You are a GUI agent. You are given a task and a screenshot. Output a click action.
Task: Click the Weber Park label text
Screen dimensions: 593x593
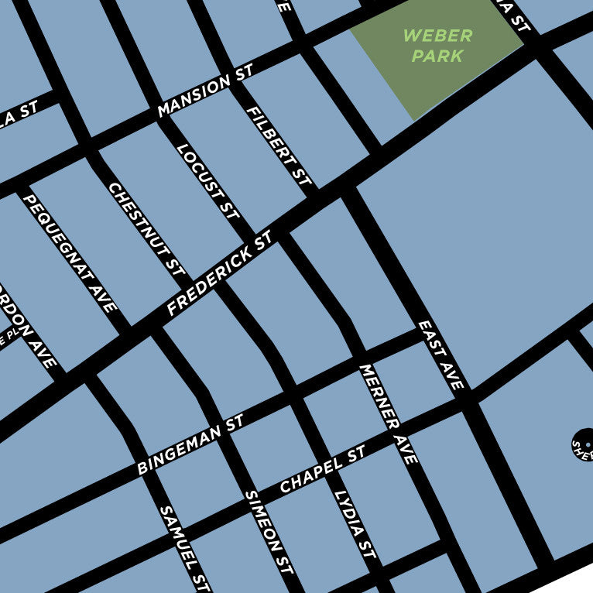pyautogui.click(x=437, y=46)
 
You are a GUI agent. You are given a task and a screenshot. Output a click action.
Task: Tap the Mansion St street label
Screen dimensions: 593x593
pyautogui.click(x=205, y=95)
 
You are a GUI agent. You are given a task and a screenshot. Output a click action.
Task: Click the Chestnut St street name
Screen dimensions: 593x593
pyautogui.click(x=147, y=230)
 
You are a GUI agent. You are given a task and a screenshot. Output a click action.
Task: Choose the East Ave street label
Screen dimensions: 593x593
pyautogui.click(x=441, y=355)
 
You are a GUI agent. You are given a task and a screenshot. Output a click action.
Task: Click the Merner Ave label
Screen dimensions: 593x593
pyautogui.click(x=389, y=414)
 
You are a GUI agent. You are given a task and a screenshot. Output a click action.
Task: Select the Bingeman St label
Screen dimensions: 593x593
pyautogui.click(x=190, y=444)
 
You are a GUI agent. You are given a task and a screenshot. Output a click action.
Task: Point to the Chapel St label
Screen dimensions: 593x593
pyautogui.click(x=322, y=470)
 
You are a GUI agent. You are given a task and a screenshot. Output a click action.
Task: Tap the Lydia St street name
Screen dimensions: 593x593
pyautogui.click(x=355, y=525)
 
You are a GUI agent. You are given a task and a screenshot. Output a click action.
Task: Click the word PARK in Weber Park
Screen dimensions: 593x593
pyautogui.click(x=437, y=56)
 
